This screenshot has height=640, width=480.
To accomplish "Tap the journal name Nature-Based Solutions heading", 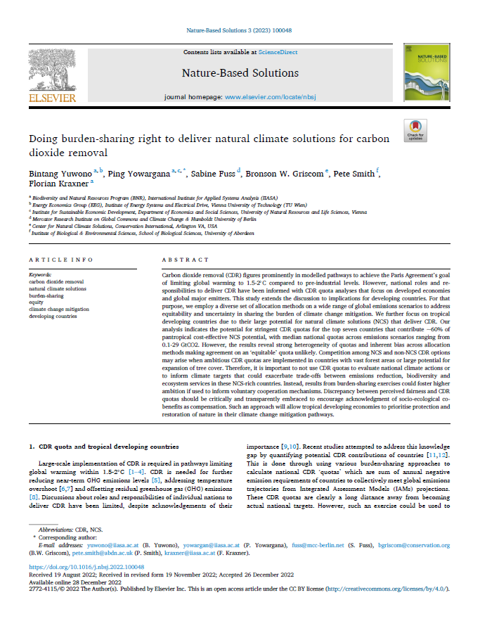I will [x=240, y=73].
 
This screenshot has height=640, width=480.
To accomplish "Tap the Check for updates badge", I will [x=415, y=129].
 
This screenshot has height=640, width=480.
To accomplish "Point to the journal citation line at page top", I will [x=240, y=31].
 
